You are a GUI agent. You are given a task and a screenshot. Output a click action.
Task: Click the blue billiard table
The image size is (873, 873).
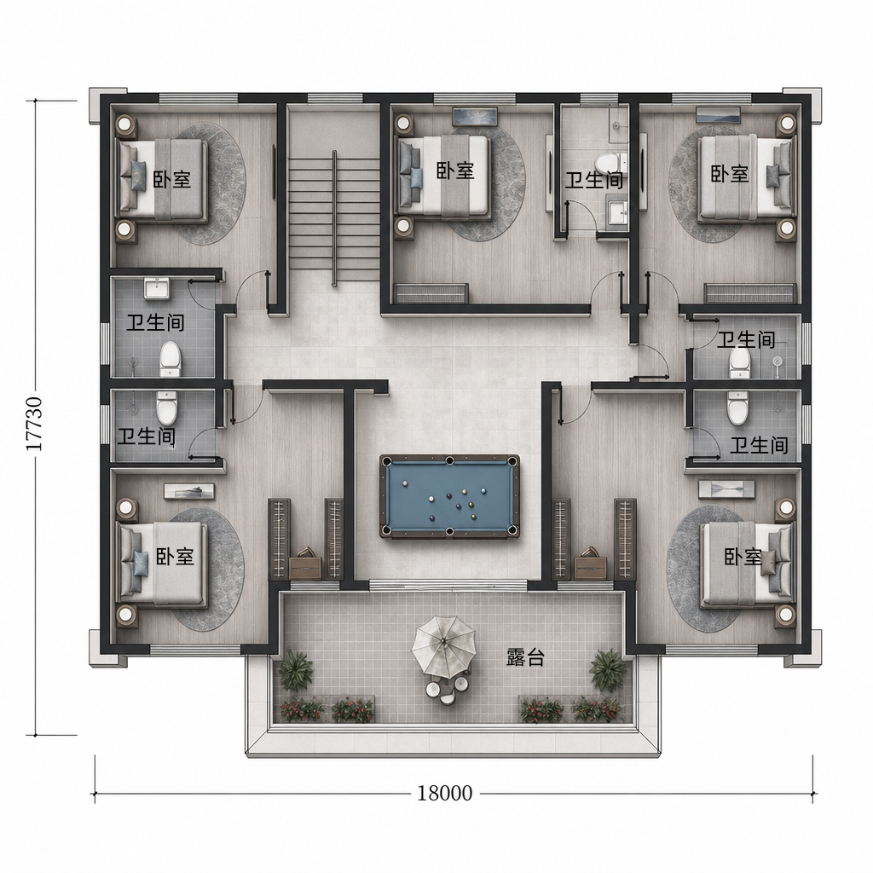[449, 497]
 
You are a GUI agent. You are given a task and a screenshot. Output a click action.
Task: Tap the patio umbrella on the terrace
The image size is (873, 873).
[443, 645]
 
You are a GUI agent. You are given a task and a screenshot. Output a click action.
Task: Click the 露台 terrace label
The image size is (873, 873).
[525, 657]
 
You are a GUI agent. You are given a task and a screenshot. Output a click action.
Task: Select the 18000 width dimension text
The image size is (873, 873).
[445, 793]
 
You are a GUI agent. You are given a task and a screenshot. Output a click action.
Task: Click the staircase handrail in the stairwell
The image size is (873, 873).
[334, 217]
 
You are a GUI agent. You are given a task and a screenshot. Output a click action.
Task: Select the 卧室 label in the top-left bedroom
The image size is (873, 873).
[172, 179]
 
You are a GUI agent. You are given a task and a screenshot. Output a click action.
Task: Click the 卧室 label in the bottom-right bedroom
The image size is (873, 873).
[743, 556]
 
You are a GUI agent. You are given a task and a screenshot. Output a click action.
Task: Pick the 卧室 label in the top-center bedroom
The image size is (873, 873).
[455, 171]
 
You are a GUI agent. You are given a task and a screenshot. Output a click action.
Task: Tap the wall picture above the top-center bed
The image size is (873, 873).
[475, 116]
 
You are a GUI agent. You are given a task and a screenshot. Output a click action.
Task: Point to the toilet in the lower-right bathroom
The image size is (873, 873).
[737, 408]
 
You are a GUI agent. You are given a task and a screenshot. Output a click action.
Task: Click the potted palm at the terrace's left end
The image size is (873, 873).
[295, 670]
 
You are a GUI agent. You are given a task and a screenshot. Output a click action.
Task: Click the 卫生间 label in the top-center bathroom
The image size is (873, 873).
[594, 181]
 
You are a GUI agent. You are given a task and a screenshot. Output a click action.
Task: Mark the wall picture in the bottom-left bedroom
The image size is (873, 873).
[188, 490]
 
